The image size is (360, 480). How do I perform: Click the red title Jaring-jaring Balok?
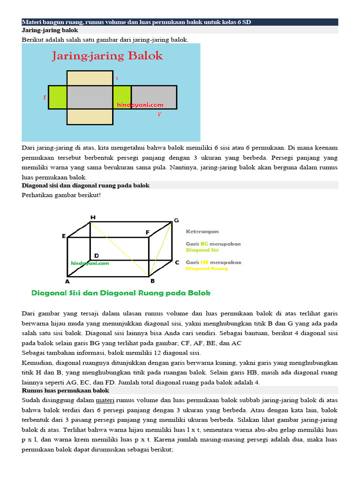(107, 56)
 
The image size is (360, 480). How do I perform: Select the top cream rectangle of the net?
(90, 78)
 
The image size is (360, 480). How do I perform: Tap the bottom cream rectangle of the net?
(90, 117)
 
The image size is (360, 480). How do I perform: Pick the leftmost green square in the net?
(58, 97)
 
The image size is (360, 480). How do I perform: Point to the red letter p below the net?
(159, 113)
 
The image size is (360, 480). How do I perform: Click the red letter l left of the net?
(44, 97)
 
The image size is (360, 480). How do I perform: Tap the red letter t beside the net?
(117, 79)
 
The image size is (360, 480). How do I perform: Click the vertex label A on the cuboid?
(67, 281)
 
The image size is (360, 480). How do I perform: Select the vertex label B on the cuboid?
(152, 281)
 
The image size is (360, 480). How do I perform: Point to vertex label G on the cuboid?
(176, 220)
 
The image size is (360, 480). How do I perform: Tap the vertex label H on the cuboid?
(93, 217)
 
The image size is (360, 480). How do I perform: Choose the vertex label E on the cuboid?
(63, 236)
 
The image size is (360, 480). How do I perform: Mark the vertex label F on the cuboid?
(147, 232)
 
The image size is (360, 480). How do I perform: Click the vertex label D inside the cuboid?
(96, 255)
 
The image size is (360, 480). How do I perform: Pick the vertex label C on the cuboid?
(177, 262)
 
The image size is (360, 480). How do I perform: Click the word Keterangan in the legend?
(202, 232)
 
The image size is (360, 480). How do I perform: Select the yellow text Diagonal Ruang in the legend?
(207, 269)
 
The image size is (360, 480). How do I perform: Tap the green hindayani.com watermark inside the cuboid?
(90, 263)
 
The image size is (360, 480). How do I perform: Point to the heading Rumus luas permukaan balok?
(66, 390)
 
